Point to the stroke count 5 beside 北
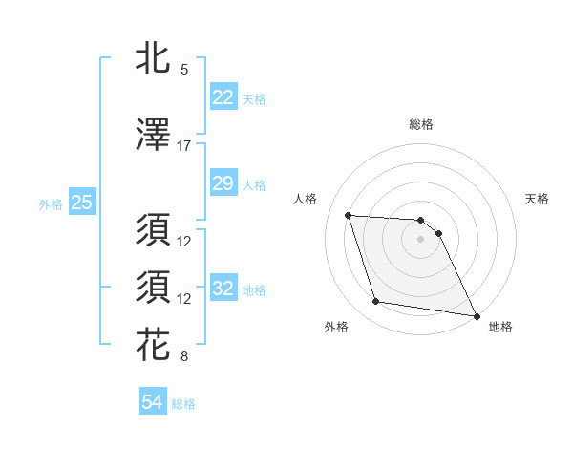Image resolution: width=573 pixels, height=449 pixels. click(x=184, y=70)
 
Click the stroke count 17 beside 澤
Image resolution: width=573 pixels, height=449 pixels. click(x=184, y=146)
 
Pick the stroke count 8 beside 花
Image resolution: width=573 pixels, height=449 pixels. click(x=184, y=357)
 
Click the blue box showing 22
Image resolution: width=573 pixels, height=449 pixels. click(x=223, y=97)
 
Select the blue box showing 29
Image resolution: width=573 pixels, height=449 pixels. click(x=223, y=183)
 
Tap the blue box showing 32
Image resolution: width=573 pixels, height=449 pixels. click(x=223, y=289)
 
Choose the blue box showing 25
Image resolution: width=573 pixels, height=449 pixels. click(x=81, y=203)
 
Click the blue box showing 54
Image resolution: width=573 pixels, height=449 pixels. click(x=152, y=402)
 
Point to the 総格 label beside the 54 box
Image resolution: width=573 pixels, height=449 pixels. click(x=183, y=404)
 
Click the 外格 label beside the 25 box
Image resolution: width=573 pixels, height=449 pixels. click(x=50, y=204)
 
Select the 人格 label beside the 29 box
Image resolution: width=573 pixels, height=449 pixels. click(x=254, y=185)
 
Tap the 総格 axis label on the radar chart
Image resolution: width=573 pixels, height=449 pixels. click(x=420, y=124)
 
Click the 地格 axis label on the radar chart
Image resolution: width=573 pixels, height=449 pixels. click(x=500, y=327)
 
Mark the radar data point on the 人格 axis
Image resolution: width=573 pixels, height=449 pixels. click(x=348, y=215)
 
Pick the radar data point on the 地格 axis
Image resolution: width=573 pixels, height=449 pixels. click(x=477, y=316)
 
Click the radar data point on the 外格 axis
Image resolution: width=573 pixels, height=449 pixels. click(x=375, y=302)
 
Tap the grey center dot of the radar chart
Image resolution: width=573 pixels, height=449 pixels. click(x=420, y=239)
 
